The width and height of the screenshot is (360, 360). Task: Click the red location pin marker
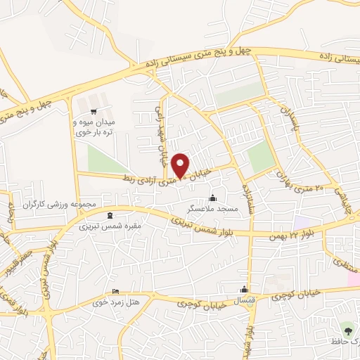[181, 166]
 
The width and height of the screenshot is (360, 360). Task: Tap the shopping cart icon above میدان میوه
[93, 110]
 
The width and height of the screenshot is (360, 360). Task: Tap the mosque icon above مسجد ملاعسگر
[212, 198]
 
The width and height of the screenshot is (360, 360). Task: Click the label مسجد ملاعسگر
[212, 209]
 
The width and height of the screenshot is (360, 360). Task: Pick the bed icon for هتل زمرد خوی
[115, 292]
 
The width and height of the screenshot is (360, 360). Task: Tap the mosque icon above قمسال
[244, 289]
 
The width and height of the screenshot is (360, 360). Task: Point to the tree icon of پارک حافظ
[347, 328]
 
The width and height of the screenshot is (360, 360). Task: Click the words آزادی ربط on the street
[144, 181]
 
